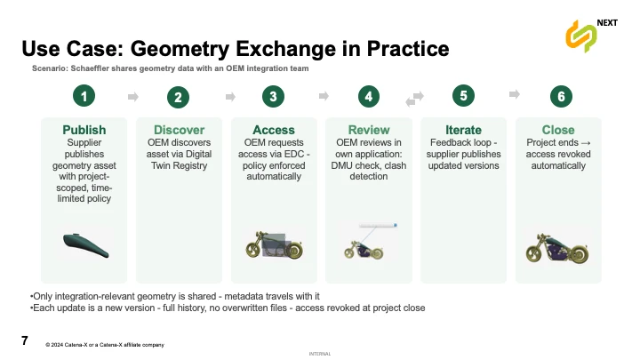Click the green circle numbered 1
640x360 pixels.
(x=84, y=96)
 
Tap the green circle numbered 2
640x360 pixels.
(x=180, y=97)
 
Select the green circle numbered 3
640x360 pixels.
(x=274, y=96)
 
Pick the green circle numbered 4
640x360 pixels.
(x=368, y=96)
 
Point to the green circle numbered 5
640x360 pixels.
(x=463, y=94)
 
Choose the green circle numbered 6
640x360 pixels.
(x=558, y=96)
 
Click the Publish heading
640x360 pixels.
(x=84, y=130)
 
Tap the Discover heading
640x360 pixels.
(x=179, y=130)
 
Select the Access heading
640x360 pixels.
(x=274, y=130)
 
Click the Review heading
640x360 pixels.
(x=369, y=130)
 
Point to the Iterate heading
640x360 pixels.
(x=463, y=130)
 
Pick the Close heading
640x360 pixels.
(x=558, y=130)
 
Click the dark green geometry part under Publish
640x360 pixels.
(x=84, y=243)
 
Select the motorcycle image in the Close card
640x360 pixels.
(x=557, y=246)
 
